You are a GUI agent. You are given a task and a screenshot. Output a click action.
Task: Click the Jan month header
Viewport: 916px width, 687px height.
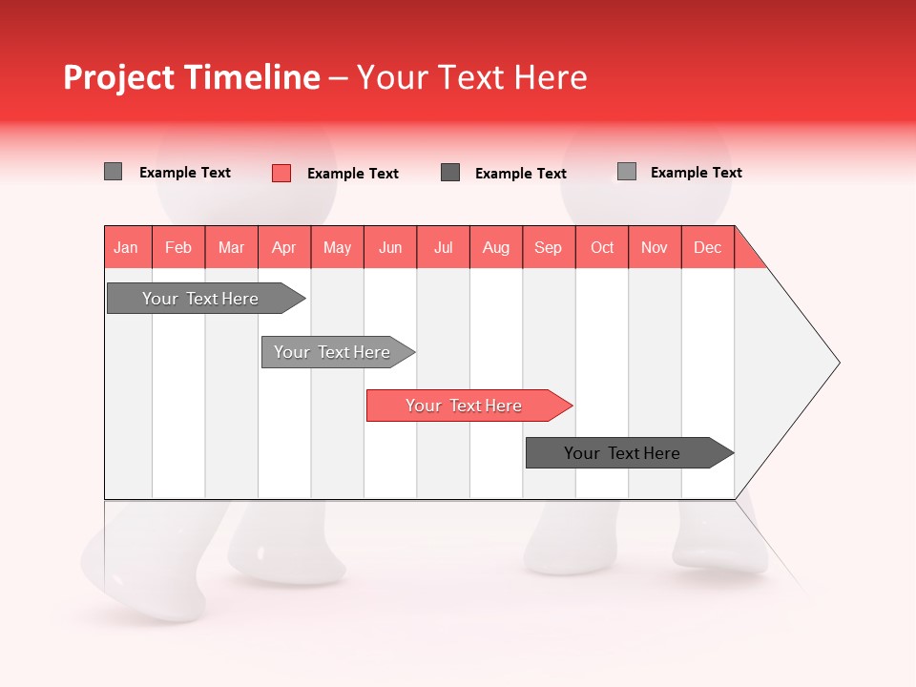(x=127, y=247)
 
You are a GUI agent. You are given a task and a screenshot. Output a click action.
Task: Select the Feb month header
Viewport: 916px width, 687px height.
(x=178, y=247)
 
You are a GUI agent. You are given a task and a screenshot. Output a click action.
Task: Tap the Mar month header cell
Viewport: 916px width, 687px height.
(x=231, y=247)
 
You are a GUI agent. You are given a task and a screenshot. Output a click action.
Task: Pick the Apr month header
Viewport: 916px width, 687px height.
(x=284, y=247)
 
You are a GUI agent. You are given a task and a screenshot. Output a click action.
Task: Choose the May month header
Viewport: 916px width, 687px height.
(x=337, y=247)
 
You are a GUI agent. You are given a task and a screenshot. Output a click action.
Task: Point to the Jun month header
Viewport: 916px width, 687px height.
(x=390, y=247)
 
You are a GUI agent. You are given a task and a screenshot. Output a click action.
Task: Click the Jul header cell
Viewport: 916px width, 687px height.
(x=443, y=247)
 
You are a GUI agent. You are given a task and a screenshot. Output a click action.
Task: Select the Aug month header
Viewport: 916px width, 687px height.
(x=496, y=247)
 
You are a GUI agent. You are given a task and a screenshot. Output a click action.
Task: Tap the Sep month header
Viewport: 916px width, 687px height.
(x=549, y=247)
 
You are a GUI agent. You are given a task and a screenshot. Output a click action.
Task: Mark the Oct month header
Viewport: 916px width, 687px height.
(x=602, y=247)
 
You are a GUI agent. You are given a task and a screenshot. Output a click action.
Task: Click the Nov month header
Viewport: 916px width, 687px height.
(x=655, y=247)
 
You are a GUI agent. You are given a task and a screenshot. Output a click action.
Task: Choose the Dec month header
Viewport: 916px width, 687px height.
(x=708, y=247)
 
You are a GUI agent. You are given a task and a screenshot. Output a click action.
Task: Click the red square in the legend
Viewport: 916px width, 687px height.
(x=281, y=173)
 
